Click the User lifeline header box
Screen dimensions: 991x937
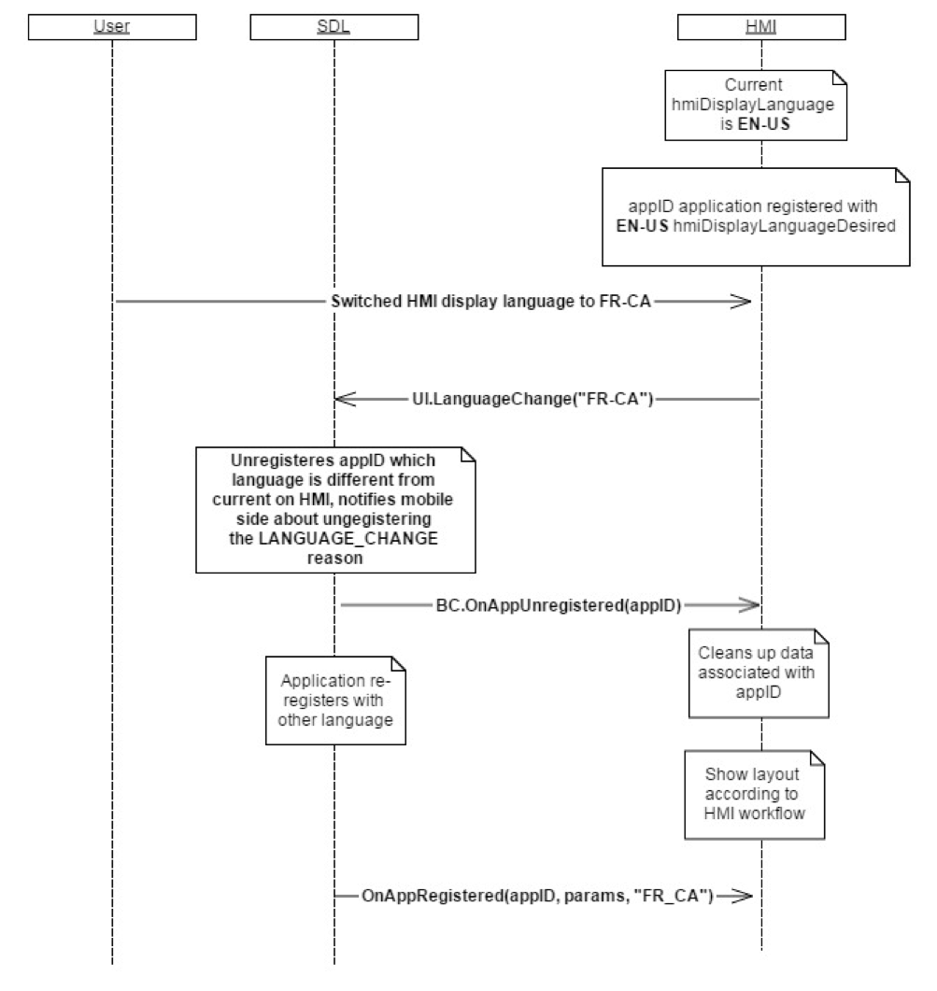[111, 27]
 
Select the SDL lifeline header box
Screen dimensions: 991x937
[334, 27]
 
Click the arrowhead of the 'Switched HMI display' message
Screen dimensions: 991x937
[742, 302]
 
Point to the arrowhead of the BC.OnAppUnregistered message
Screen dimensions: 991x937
[745, 605]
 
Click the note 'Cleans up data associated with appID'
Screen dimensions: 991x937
[760, 672]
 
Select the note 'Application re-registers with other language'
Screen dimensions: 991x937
[336, 700]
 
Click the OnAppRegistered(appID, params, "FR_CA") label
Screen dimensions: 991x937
[537, 897]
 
